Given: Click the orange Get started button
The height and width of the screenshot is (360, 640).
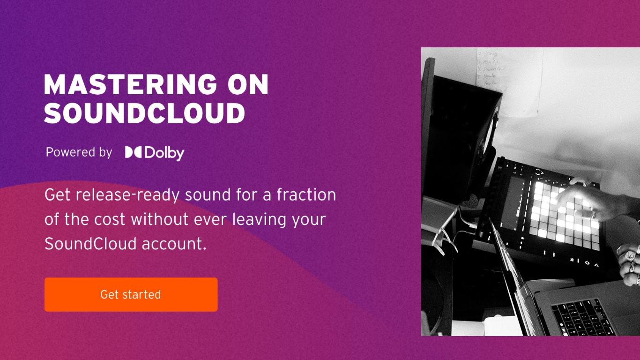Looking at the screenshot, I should tap(131, 294).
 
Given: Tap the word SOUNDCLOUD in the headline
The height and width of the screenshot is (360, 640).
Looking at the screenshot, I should tap(145, 113).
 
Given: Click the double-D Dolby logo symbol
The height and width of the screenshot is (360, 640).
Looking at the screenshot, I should tap(133, 152).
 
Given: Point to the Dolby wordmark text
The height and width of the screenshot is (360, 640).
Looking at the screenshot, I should tap(164, 153).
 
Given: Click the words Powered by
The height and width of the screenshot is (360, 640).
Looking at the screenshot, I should tap(79, 152).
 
